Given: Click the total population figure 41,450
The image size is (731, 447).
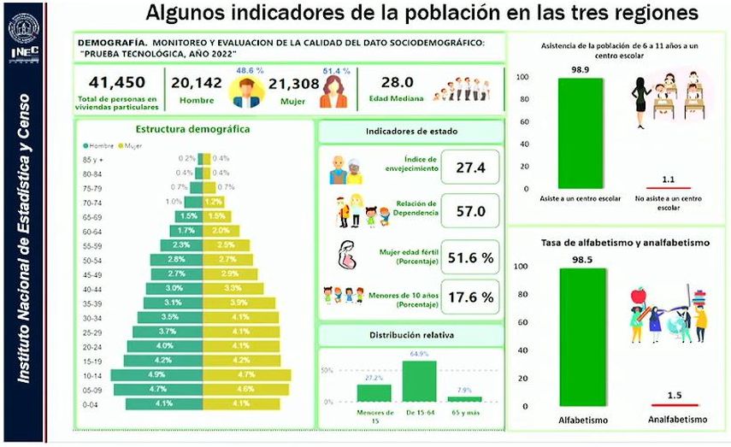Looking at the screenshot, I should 117,83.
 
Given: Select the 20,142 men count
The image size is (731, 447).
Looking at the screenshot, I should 197,83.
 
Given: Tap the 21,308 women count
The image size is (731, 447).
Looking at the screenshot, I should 293,83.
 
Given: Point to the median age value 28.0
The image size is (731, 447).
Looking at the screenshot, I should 397,83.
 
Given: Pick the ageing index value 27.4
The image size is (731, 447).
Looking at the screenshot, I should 470,168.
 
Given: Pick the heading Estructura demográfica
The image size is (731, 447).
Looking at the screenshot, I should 192,130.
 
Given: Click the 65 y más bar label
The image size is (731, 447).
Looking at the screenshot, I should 464,414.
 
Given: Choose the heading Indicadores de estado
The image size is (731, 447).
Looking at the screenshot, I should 411,132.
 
